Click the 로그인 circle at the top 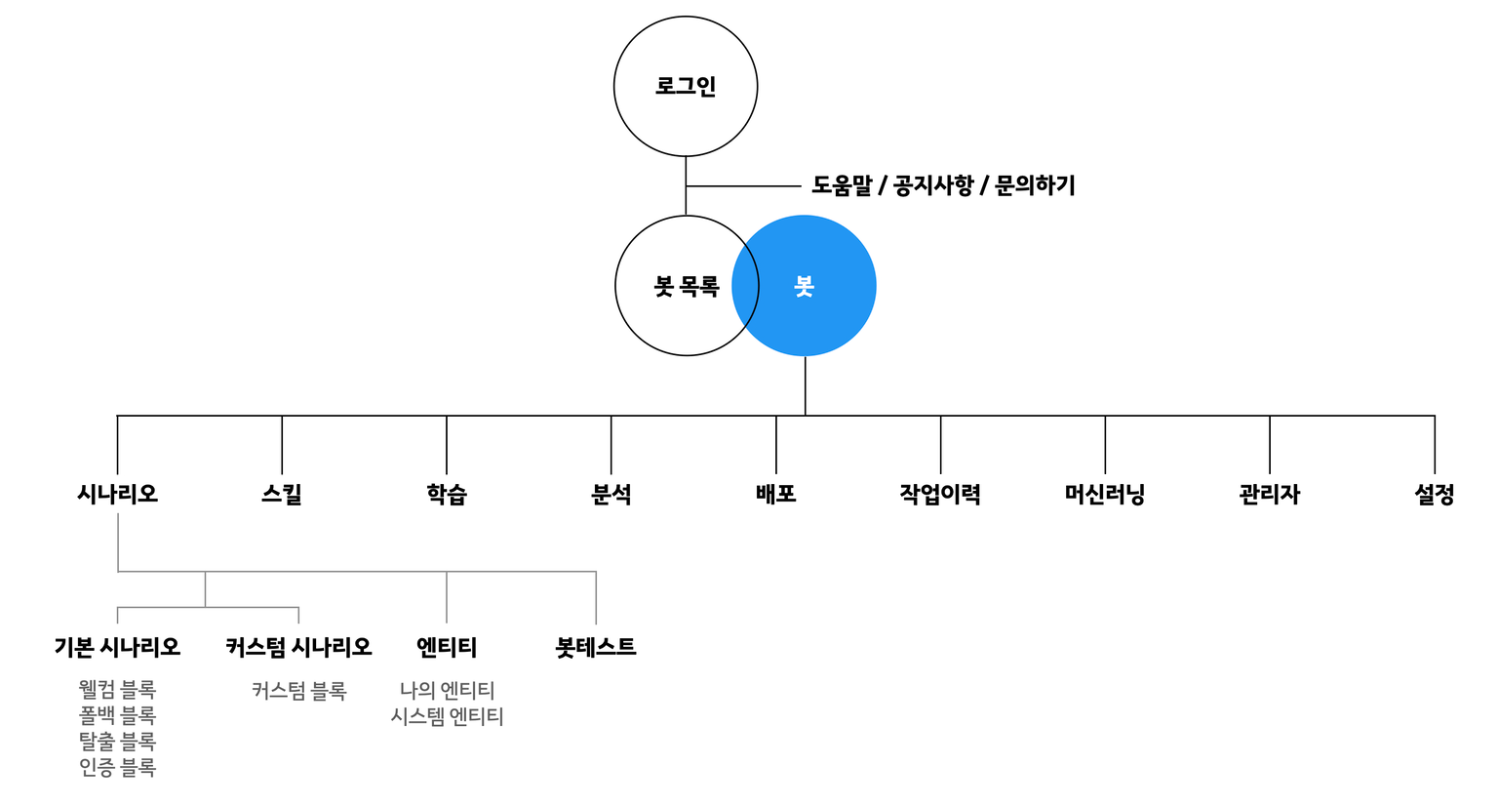685,86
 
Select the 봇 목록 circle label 686,287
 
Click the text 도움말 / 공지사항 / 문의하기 943,185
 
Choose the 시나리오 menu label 117,494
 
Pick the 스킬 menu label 282,494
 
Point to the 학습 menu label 447,494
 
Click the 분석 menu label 611,494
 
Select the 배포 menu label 776,494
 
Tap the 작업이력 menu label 940,494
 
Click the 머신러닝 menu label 1105,494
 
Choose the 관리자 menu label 1270,494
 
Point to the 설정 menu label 1434,494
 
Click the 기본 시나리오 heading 117,647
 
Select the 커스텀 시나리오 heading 298,647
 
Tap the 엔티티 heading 447,647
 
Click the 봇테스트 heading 596,647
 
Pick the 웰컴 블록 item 117,691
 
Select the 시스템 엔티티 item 447,716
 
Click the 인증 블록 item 117,768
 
